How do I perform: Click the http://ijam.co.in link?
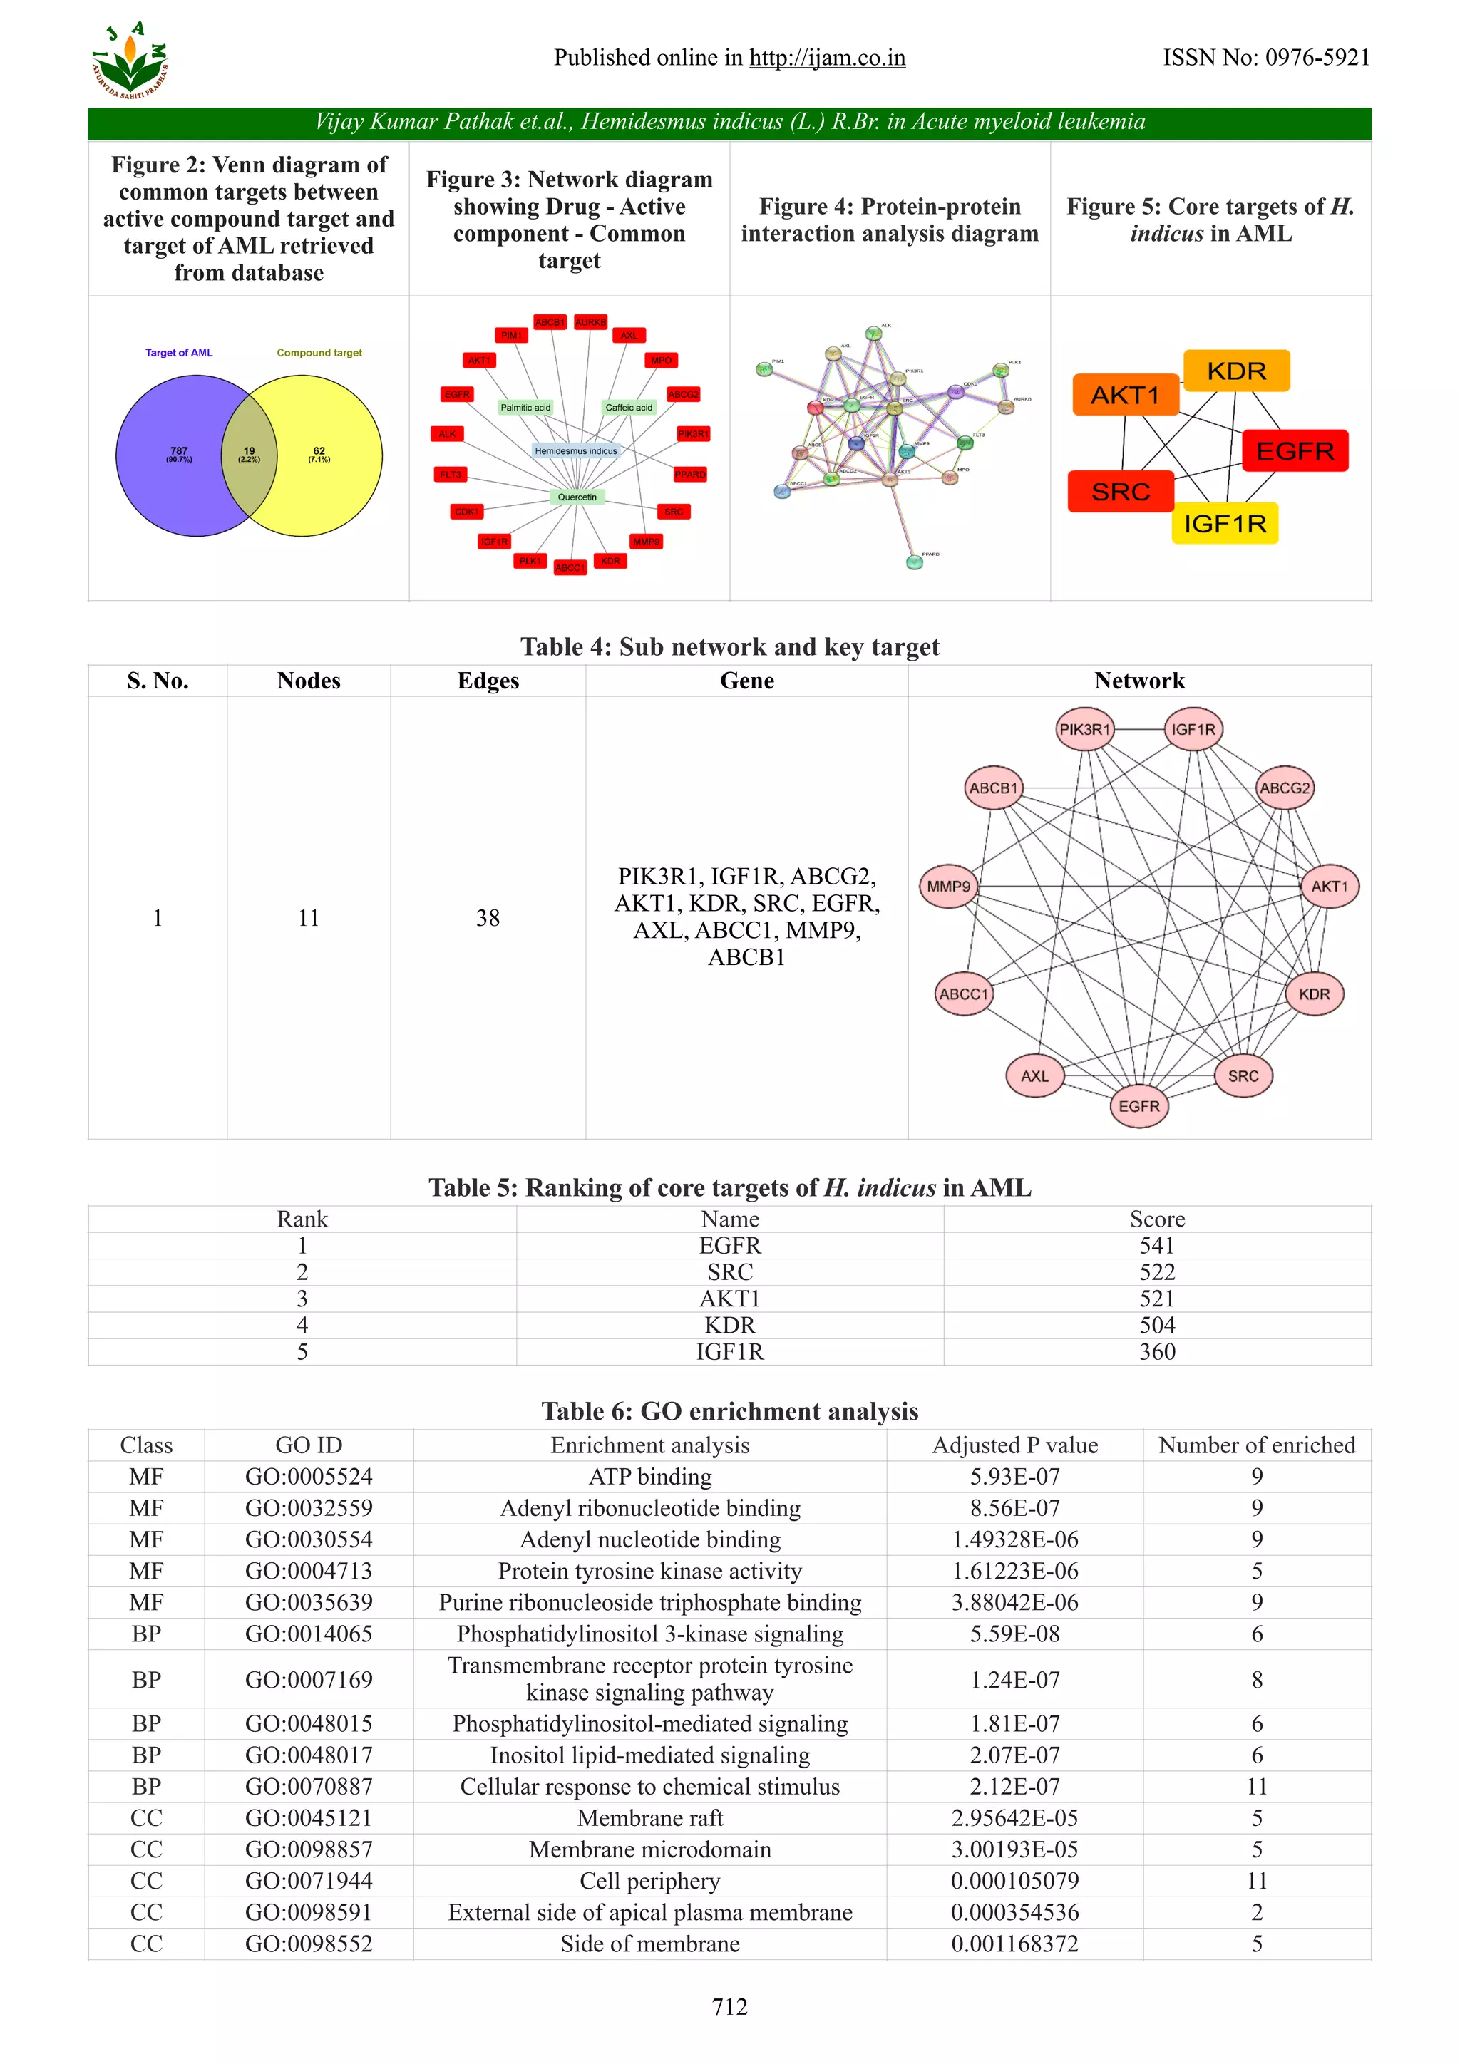(x=827, y=58)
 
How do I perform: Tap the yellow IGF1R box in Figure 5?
(x=1225, y=523)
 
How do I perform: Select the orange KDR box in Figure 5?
(x=1236, y=371)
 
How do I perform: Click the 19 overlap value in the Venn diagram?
(x=249, y=454)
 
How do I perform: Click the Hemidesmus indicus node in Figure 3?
(x=575, y=451)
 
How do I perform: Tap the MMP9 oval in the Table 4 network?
(x=948, y=887)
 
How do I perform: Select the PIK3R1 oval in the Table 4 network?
(x=1084, y=729)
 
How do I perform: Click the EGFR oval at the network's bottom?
(x=1138, y=1105)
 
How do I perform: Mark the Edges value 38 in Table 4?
(x=488, y=918)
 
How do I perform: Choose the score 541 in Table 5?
(x=1156, y=1245)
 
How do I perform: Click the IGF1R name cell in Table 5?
(x=729, y=1351)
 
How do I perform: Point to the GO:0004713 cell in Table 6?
(x=309, y=1571)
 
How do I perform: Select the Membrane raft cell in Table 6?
(x=650, y=1817)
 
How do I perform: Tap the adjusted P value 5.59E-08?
(x=1014, y=1634)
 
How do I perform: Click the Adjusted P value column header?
(x=1014, y=1445)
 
